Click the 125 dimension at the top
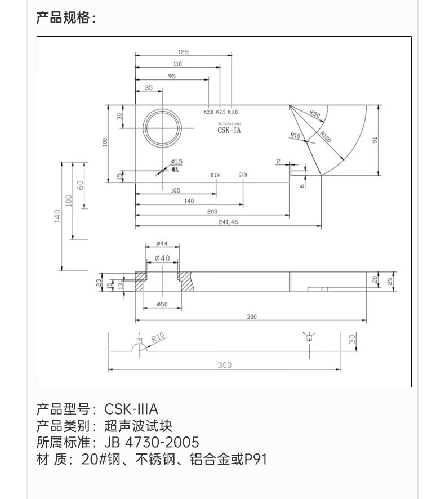[x=183, y=52]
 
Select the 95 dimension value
[x=171, y=76]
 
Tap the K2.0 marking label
[x=208, y=112]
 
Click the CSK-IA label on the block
[x=229, y=130]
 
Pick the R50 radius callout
[x=315, y=114]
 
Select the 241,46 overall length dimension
[x=228, y=222]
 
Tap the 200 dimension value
[x=212, y=211]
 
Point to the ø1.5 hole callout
[x=176, y=162]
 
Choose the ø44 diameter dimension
[x=162, y=244]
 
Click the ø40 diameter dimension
[x=162, y=258]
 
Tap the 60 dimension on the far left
[x=80, y=185]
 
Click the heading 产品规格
[x=65, y=18]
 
